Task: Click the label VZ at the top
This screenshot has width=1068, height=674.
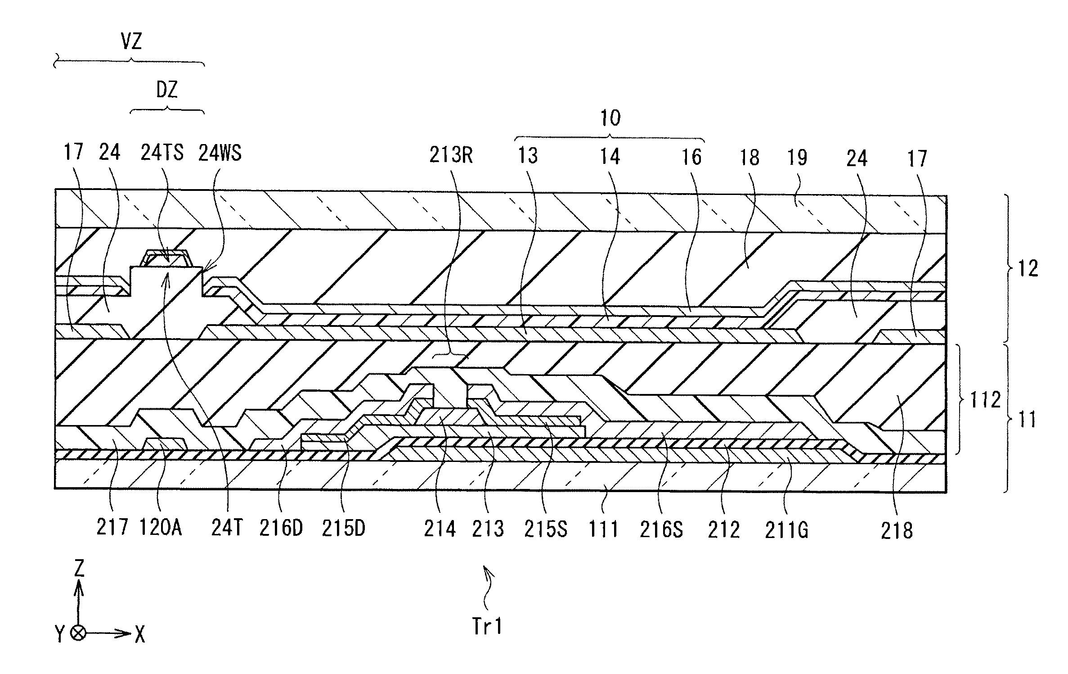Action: coord(131,41)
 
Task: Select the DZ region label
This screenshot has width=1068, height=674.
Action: coord(167,90)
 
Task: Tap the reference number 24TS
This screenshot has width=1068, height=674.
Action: coord(162,153)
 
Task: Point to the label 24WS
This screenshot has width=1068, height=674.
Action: coord(220,153)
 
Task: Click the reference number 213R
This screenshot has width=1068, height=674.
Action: coord(451,155)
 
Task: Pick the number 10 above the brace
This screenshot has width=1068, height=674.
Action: coord(610,118)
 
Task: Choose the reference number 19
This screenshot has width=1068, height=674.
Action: coord(797,157)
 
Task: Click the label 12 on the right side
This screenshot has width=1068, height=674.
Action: coord(1028,268)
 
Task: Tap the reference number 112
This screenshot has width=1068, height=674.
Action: coord(985,399)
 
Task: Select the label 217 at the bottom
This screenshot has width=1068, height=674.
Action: coord(112,527)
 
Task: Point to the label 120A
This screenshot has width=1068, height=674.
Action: coord(161,527)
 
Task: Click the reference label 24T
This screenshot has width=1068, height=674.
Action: coord(227,527)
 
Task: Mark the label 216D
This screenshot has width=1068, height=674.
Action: coord(281,528)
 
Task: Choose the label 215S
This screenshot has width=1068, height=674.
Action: coord(546,529)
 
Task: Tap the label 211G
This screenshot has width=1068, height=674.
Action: coord(786,530)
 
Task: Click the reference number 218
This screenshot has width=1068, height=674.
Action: coord(897,531)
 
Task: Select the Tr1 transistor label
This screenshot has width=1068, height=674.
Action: coord(487,626)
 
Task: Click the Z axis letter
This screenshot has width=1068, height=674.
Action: coord(80,569)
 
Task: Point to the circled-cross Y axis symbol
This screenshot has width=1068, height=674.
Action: coord(79,633)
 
